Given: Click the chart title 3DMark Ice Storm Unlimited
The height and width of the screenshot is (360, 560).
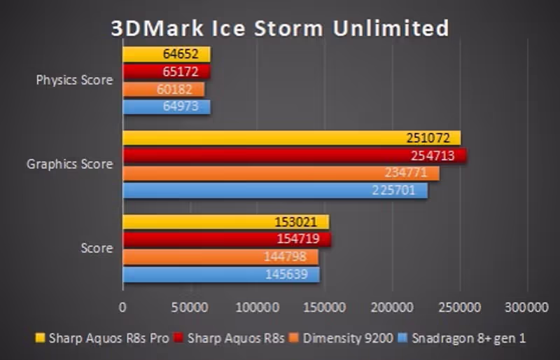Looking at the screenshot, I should [280, 28].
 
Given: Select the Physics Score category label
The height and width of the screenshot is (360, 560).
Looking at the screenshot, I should [74, 80].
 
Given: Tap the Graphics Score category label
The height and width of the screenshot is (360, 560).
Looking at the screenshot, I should [69, 165].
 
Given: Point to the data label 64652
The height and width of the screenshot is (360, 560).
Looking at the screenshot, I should [182, 55].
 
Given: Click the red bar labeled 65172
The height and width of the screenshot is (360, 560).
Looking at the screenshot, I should [167, 71].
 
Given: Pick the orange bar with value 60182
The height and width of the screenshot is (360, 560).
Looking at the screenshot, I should [164, 89].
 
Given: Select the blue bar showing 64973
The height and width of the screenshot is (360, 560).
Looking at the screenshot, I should [167, 106].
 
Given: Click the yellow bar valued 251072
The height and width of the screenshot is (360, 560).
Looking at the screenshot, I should [291, 138].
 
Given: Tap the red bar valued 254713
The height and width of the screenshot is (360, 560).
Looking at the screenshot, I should [294, 155].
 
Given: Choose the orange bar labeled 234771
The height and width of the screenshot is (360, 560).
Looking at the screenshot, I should [281, 173].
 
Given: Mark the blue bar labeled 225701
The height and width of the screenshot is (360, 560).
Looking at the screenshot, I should [275, 191].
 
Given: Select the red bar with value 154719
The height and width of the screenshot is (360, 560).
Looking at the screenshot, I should [227, 240].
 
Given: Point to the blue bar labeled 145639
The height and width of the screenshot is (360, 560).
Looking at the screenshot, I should [221, 275].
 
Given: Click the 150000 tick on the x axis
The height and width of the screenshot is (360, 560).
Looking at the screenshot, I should [325, 307].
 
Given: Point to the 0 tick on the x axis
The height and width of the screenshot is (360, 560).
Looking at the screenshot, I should [123, 307].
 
